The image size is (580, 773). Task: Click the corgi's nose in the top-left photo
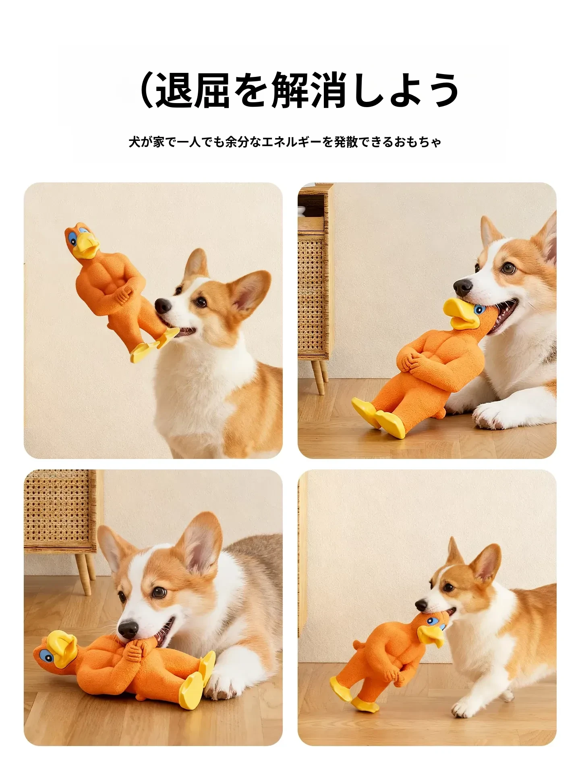pos(163,306)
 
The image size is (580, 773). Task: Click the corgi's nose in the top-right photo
pos(463,287)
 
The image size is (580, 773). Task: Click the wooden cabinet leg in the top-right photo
pos(319,376)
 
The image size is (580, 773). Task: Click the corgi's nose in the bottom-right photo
pos(421,605)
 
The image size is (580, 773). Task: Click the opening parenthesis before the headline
pos(147,90)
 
